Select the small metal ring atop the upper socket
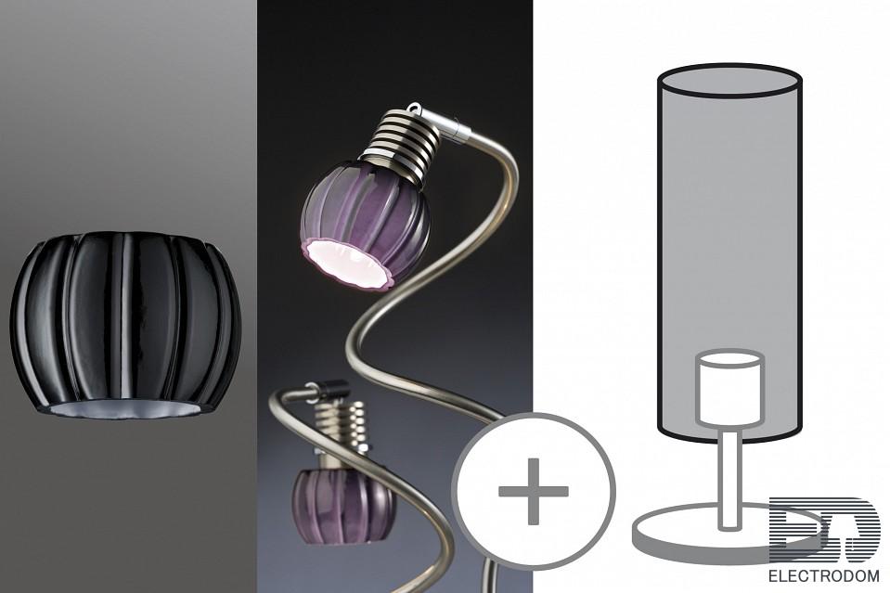[x=416, y=107]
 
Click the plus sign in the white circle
[x=533, y=491]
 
